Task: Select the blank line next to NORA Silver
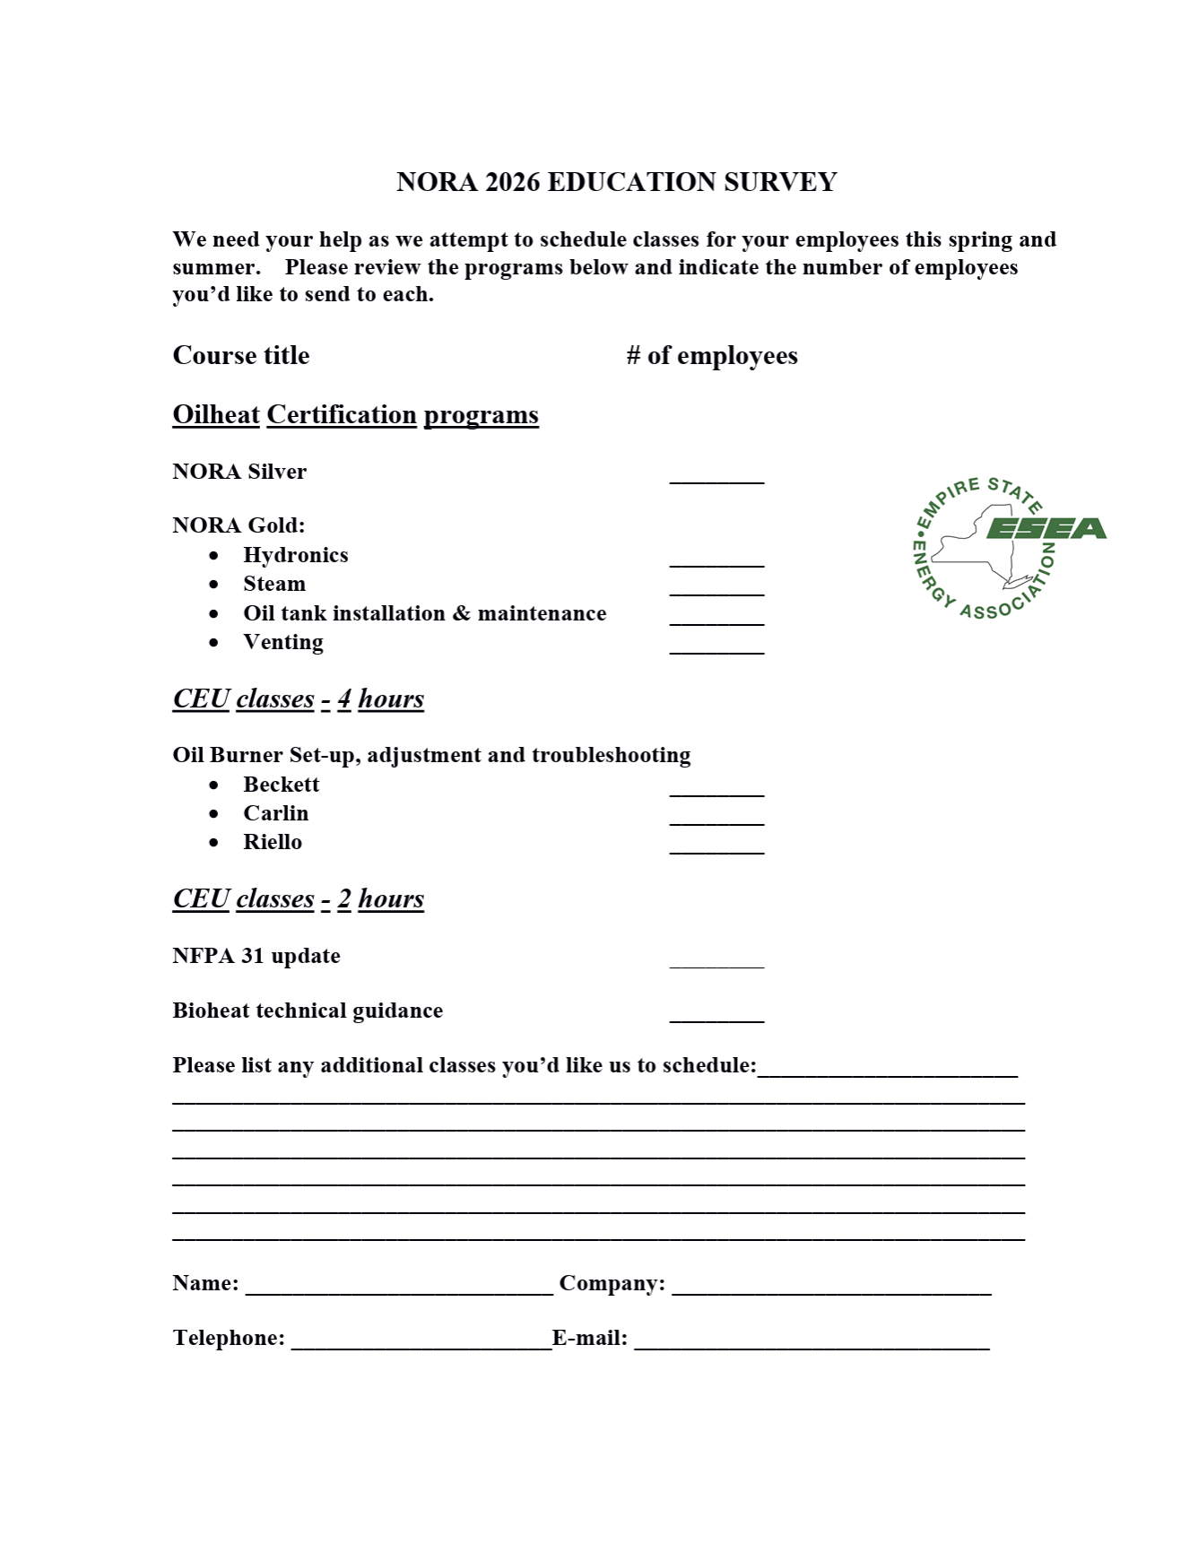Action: coord(716,482)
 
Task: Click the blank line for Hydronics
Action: coord(716,565)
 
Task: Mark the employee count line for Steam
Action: coord(716,594)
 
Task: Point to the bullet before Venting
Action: coord(213,643)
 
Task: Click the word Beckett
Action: coord(281,785)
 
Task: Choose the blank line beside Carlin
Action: coord(716,823)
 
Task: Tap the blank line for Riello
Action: coord(716,852)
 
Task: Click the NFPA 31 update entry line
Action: coord(716,967)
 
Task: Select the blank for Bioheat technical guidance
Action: coord(716,1020)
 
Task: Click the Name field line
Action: coord(399,1293)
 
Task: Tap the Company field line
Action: coord(831,1293)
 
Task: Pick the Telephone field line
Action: coord(421,1348)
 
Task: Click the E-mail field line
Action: coord(812,1348)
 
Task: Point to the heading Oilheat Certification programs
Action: coord(355,415)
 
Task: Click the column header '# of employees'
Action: coord(712,356)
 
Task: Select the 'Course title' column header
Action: coord(240,356)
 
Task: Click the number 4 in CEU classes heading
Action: coord(344,699)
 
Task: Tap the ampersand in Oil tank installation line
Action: coord(461,613)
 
